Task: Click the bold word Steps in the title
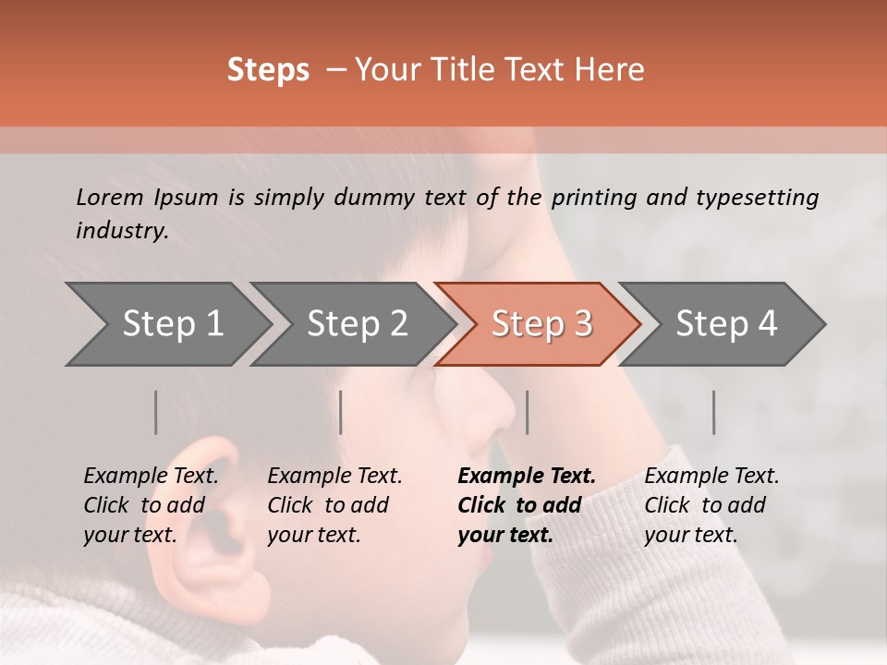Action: (x=268, y=70)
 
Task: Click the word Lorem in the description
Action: (x=109, y=197)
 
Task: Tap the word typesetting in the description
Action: (x=757, y=197)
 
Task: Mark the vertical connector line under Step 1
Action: (x=155, y=412)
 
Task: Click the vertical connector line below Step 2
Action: (x=341, y=412)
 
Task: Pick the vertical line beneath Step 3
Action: (x=527, y=412)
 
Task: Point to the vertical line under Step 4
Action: (x=713, y=412)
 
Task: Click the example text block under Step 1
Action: (x=151, y=505)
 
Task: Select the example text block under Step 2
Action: (x=334, y=505)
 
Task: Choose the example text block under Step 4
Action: (x=711, y=505)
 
